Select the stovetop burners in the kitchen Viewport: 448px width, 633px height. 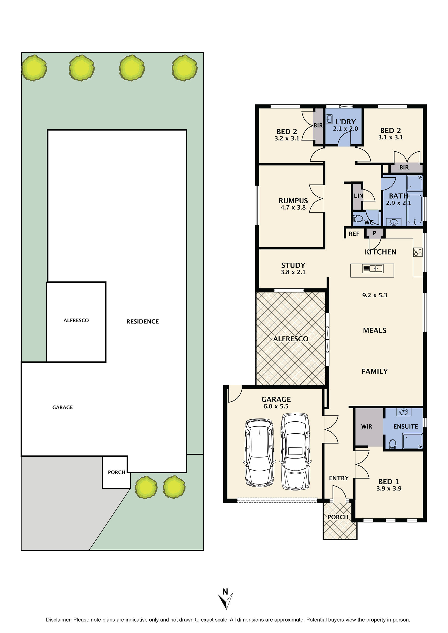[x=417, y=252]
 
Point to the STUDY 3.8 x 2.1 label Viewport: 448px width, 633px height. [x=293, y=269]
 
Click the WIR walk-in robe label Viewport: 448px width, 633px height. [x=366, y=426]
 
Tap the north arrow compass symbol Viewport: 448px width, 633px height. [x=225, y=600]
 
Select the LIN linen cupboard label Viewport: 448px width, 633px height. [x=358, y=196]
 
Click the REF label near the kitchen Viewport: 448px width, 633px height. [x=354, y=234]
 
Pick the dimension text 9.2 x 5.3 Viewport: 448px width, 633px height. [x=375, y=295]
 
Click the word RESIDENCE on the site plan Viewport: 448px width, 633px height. [x=142, y=321]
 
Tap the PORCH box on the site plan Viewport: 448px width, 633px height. [x=116, y=472]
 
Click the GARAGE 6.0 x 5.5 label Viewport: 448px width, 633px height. [x=276, y=403]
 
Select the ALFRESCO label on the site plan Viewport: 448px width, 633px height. [x=76, y=320]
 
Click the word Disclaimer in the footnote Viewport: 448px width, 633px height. [x=58, y=620]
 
